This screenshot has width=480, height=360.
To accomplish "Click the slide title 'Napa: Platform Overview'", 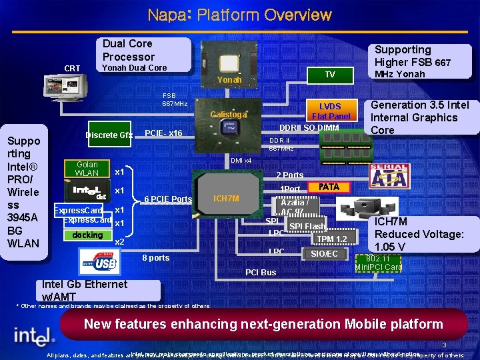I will click(x=239, y=14).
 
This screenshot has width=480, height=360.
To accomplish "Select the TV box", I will click(x=329, y=75).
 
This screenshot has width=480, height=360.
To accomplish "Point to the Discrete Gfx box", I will click(x=109, y=135).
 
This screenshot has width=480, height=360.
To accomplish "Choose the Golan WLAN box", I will click(x=87, y=169).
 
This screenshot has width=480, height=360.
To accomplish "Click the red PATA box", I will click(x=329, y=187).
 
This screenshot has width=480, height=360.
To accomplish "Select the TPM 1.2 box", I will click(x=331, y=239).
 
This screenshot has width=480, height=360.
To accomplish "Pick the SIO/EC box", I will click(x=325, y=254).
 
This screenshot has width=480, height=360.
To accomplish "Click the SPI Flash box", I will click(x=307, y=227).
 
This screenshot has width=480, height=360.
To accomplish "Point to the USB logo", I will click(x=99, y=261).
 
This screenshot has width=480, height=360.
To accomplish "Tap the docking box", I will click(x=87, y=235).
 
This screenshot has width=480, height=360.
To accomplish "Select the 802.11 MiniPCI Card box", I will click(x=378, y=263).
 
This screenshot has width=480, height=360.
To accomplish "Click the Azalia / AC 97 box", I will click(x=293, y=207).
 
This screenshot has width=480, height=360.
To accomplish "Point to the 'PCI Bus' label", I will click(x=261, y=272).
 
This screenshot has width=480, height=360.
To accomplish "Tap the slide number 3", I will click(x=444, y=345).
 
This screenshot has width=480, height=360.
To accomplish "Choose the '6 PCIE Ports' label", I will click(x=168, y=199).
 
